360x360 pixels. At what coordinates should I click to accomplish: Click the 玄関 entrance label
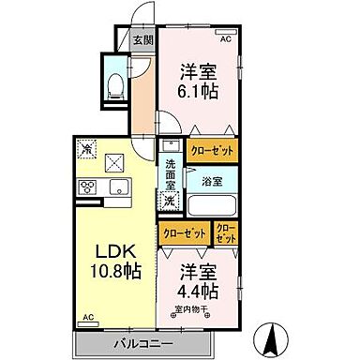click(142, 40)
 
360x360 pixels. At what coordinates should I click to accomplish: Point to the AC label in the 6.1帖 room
click(225, 40)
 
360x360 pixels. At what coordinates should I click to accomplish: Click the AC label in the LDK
click(88, 318)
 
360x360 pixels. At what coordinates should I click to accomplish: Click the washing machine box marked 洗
click(171, 202)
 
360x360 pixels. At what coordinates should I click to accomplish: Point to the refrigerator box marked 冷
click(86, 148)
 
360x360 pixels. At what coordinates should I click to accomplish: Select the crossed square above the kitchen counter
click(117, 160)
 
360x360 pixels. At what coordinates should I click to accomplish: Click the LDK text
click(111, 251)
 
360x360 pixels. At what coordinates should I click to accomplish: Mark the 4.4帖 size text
click(201, 291)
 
